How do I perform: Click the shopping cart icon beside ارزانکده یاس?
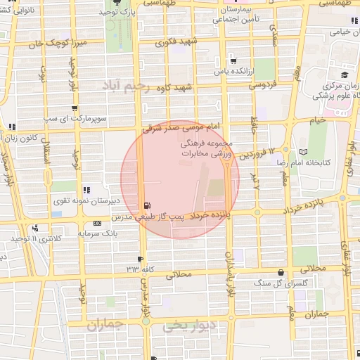233,60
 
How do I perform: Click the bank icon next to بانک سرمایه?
97,224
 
